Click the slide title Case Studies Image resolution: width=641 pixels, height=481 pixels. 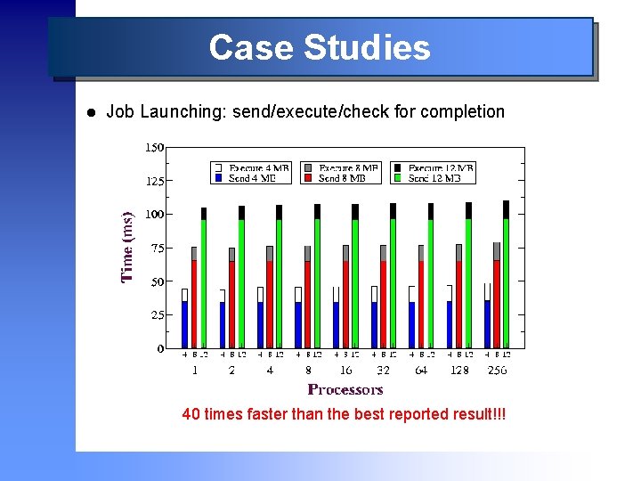coord(320,47)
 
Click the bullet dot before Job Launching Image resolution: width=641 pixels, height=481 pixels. coord(91,113)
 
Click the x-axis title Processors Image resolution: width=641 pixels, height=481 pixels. coord(345,389)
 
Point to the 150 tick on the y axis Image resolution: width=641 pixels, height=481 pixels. coord(154,147)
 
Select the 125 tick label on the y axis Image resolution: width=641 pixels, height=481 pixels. coord(154,181)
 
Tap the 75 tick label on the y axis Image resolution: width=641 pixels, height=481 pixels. coord(157,249)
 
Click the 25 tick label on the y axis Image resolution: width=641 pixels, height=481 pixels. coord(157,315)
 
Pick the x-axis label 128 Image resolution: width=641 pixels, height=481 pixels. coord(460,370)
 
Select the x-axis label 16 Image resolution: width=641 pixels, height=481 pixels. coord(345,370)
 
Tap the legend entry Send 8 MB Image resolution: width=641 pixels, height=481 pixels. coord(341,178)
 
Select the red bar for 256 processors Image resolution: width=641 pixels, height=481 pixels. coord(497,303)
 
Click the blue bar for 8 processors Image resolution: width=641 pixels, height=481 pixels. coord(298,325)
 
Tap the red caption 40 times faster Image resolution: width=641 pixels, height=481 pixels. coord(344,414)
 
